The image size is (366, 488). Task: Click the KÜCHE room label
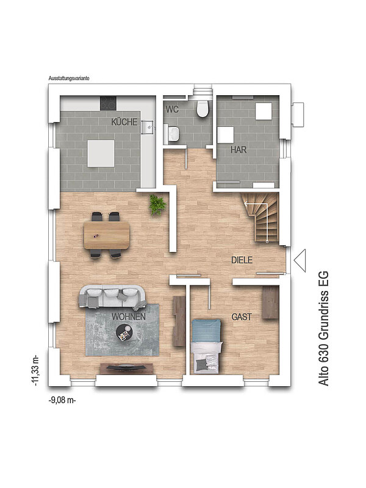[x=124, y=121]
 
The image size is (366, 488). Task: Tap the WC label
[x=172, y=109]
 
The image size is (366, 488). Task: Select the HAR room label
[x=239, y=149]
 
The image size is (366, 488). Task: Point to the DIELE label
[x=242, y=260]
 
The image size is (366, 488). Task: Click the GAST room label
[x=242, y=317]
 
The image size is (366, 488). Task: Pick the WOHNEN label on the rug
[x=129, y=317]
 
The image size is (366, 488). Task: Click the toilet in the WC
[x=203, y=109]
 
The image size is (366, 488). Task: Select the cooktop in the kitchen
[x=108, y=103]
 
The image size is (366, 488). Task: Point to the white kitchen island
[x=101, y=153]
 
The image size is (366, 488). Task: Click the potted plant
[x=157, y=205]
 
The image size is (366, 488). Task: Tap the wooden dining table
[x=106, y=235]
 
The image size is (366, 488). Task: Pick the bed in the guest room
[x=206, y=346]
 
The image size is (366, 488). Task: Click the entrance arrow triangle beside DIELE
[x=300, y=260]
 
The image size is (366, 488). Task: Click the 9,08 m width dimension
[x=62, y=400]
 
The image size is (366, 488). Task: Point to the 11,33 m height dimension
[x=35, y=370]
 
